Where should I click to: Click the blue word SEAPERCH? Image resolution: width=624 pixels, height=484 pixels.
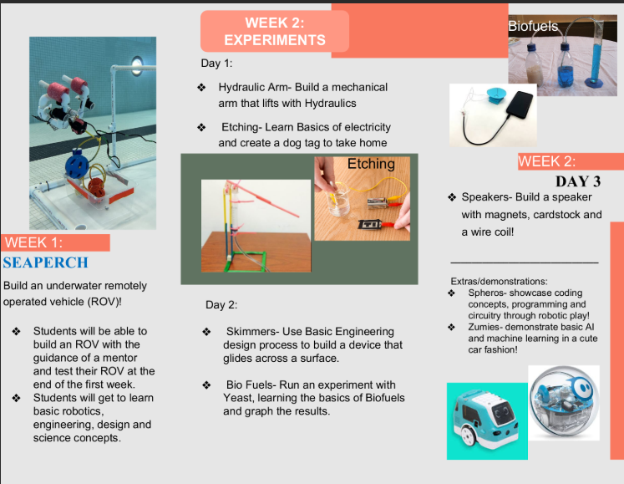click(x=45, y=262)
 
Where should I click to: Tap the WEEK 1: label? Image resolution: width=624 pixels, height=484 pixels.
click(x=33, y=242)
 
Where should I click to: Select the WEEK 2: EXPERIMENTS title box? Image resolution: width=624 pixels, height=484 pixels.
click(x=275, y=32)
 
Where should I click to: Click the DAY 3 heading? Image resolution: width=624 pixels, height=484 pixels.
click(x=578, y=181)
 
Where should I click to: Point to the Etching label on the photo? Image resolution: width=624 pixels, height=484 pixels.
click(x=371, y=164)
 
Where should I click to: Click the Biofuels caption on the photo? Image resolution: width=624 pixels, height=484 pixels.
click(x=533, y=26)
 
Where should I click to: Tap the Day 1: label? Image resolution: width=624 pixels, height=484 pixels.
click(x=216, y=64)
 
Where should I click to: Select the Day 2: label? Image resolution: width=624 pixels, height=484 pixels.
click(x=221, y=305)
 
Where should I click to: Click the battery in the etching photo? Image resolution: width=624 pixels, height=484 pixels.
click(x=378, y=203)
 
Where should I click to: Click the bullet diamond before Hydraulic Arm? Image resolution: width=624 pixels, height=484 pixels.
click(x=201, y=87)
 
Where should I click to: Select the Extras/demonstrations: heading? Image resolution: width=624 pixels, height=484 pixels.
click(x=499, y=281)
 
